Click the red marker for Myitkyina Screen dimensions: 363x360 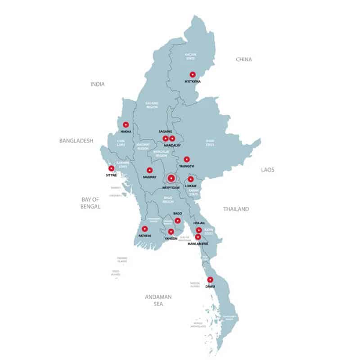[193, 74]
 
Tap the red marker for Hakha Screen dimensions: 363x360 [126, 124]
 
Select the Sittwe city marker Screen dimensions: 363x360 [111, 168]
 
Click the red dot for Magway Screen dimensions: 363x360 [149, 170]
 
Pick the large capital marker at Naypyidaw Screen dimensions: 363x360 [171, 179]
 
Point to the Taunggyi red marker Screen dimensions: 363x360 [187, 159]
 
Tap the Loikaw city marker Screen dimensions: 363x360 [191, 179]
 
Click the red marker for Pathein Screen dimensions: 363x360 [145, 229]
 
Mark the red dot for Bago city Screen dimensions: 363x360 [178, 221]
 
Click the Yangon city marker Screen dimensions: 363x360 [171, 231]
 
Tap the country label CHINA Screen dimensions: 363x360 [244, 59]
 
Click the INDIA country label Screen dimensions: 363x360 [97, 84]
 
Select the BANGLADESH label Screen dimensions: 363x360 [76, 141]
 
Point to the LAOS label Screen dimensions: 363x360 [268, 170]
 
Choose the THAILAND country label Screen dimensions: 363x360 [236, 209]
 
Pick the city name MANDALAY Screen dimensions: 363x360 [172, 145]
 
